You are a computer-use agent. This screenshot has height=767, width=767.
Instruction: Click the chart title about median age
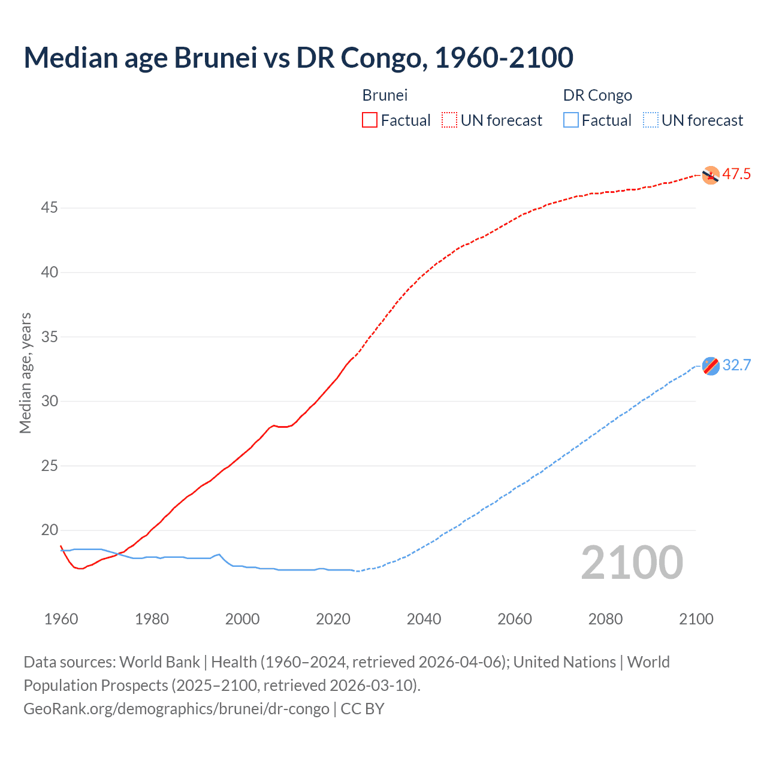coord(298,58)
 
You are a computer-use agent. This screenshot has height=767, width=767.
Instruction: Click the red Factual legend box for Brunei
coord(370,120)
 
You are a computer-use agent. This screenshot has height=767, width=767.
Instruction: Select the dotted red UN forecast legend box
coord(449,120)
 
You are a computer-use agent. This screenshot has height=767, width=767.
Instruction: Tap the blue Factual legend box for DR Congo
coord(571,120)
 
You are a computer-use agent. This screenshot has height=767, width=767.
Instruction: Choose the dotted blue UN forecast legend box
coord(651,120)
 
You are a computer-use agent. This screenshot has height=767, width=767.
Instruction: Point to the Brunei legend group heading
coord(385,95)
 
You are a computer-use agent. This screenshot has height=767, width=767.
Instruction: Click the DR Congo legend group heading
coord(597,95)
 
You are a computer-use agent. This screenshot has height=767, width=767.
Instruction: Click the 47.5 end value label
coord(736,174)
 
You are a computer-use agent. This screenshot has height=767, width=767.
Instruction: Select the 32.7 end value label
coord(736,366)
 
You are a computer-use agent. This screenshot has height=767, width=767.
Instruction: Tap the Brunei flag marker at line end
coord(711,175)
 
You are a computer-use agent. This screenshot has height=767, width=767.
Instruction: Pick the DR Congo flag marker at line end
coord(711,366)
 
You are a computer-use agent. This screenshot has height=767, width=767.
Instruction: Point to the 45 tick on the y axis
coord(49,208)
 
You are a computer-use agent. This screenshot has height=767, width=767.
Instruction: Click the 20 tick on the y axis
coord(49,530)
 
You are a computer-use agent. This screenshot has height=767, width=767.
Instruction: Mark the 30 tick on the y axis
coord(49,401)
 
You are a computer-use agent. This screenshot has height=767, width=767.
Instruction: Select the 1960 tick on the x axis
coord(61,619)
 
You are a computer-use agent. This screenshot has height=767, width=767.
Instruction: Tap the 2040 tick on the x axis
coord(424,619)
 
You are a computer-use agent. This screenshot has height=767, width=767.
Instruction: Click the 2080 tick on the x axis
coord(605,619)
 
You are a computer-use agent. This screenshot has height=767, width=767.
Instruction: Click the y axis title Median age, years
coord(25,373)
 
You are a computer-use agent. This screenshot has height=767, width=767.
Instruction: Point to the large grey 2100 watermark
coord(632,563)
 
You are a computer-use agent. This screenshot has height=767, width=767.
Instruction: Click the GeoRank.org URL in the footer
coord(176,709)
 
